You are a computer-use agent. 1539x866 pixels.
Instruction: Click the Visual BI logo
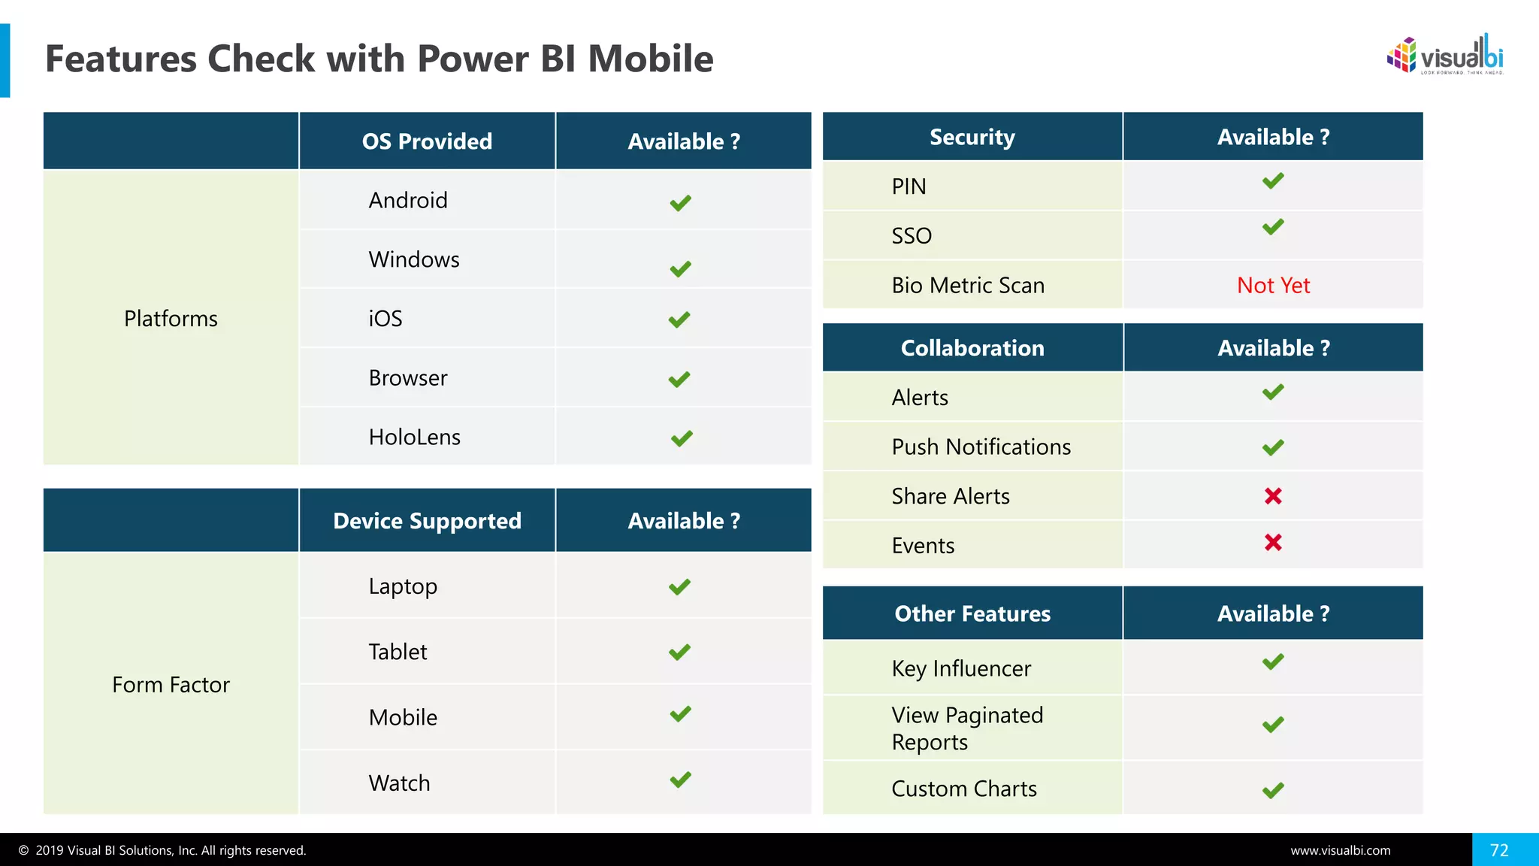[x=1444, y=56]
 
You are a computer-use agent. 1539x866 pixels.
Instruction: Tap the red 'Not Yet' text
[x=1273, y=286]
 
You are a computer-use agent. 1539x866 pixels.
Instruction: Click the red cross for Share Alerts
[x=1273, y=496]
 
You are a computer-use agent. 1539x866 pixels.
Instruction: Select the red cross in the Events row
[x=1273, y=543]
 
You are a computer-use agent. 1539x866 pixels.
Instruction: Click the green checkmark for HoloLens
[x=682, y=438]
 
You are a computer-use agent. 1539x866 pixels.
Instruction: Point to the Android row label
[x=408, y=201]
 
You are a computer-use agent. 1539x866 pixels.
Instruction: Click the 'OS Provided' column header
[x=427, y=141]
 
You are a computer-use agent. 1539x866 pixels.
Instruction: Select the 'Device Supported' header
[x=427, y=521]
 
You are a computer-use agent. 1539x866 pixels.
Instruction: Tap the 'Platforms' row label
[x=171, y=319]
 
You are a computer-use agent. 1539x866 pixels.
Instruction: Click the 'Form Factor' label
[x=171, y=685]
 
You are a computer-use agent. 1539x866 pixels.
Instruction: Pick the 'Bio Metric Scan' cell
[x=968, y=286]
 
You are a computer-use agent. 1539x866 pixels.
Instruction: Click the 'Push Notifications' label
[x=981, y=447]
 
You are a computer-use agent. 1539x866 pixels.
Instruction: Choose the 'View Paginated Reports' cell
[x=967, y=728]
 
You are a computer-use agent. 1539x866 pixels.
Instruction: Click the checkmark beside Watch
[x=681, y=780]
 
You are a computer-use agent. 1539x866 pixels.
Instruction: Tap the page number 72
[x=1499, y=850]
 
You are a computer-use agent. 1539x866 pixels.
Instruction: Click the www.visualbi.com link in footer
[x=1341, y=851]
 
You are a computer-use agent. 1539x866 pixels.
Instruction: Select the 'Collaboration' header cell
[x=972, y=348]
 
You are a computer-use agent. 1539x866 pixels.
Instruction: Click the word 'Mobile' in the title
[x=650, y=59]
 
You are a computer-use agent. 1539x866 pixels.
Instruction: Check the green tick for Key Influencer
[x=1273, y=662]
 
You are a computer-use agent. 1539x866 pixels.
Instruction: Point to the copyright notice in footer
[x=162, y=851]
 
